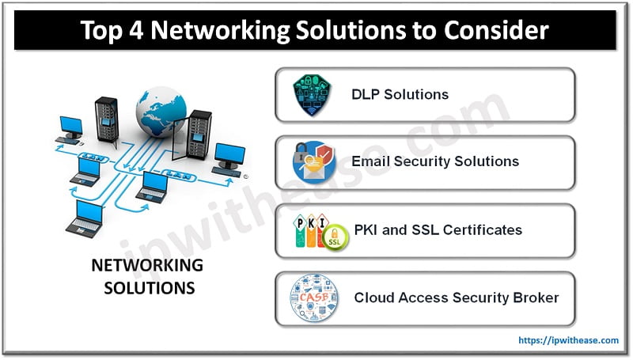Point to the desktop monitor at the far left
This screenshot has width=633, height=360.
70,126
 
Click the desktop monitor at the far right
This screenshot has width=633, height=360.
230,155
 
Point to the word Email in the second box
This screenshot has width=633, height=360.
370,161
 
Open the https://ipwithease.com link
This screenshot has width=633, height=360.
568,340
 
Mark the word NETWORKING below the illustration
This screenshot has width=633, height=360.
149,264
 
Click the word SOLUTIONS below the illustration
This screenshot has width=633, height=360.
149,288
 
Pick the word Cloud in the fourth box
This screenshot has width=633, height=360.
373,298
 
